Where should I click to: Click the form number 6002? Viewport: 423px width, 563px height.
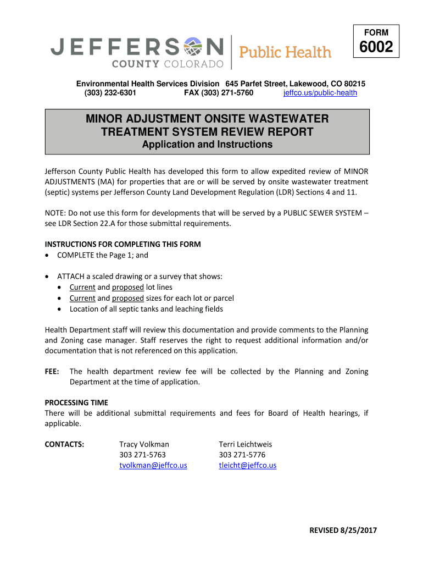376,48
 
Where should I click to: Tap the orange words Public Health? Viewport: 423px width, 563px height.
286,52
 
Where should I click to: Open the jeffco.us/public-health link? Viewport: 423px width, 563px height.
320,93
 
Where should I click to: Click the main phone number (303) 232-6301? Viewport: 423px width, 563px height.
110,93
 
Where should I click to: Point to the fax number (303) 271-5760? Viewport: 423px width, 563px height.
219,93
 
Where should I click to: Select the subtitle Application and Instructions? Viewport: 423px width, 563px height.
207,145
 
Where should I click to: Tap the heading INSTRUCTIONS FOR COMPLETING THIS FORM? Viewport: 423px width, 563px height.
123,244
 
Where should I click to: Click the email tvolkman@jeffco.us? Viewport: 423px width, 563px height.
153,465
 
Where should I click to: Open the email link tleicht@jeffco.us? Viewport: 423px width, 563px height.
247,465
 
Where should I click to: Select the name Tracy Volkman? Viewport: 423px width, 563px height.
144,444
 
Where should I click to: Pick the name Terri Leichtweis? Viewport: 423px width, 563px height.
245,444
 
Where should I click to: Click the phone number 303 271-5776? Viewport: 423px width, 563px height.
242,455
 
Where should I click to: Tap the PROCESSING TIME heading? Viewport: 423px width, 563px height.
76,402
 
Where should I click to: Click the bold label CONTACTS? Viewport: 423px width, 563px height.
64,444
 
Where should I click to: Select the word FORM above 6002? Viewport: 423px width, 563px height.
376,32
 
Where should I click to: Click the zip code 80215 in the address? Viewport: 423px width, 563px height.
354,84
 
